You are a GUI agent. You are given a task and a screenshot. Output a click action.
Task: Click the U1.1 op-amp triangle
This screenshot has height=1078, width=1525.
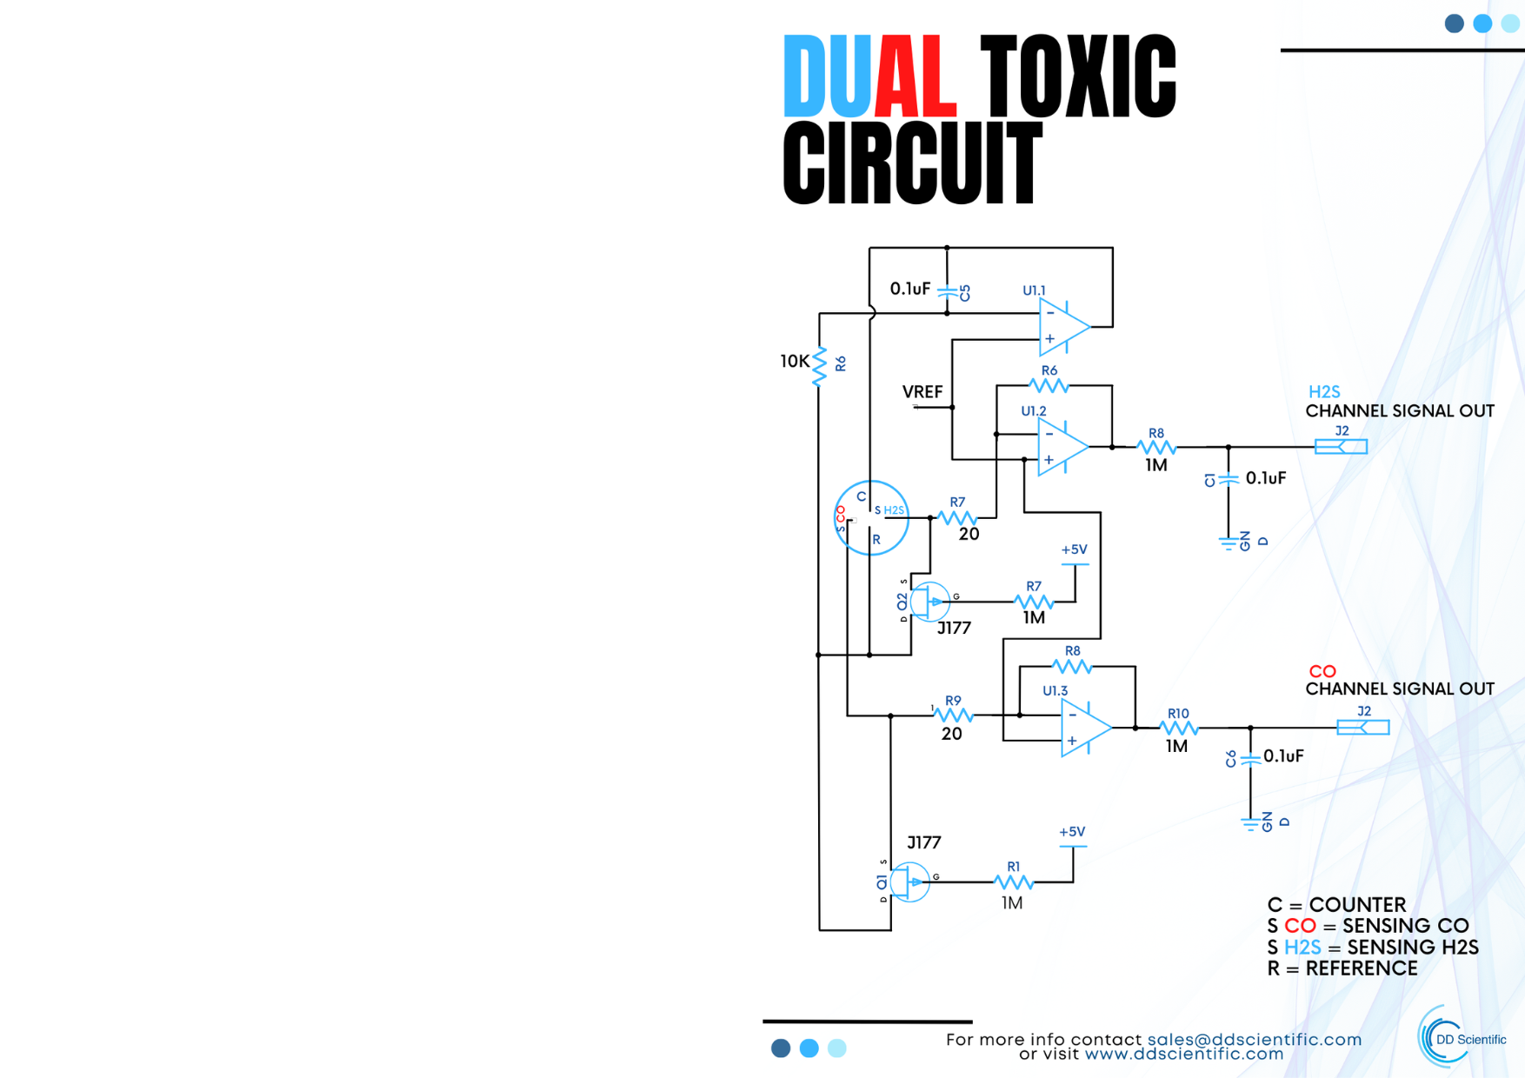[1063, 327]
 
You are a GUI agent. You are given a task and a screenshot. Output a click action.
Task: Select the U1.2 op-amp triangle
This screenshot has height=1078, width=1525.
[1062, 447]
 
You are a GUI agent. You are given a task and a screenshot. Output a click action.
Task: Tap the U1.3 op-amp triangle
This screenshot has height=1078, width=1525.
[1084, 728]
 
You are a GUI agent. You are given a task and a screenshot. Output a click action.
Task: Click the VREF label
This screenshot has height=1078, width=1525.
[922, 392]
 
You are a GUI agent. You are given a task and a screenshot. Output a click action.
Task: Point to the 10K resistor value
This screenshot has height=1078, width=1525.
[794, 361]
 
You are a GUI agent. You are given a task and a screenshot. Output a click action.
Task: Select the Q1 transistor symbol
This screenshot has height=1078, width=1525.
[909, 882]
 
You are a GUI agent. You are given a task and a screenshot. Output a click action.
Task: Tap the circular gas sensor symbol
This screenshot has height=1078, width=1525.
[871, 518]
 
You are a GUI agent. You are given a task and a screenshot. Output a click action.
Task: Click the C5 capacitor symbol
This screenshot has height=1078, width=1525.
[948, 292]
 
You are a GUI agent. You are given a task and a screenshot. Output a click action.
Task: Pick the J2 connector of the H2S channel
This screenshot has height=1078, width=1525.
[1341, 447]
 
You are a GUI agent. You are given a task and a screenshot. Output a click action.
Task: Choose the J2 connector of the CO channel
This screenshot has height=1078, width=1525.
[1362, 728]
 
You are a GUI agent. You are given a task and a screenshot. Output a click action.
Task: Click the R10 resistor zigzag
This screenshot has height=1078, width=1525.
[1178, 728]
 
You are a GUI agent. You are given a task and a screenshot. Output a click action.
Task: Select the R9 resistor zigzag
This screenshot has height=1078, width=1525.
[953, 715]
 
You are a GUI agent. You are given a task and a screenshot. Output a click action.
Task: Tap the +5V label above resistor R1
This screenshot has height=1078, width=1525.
[1072, 832]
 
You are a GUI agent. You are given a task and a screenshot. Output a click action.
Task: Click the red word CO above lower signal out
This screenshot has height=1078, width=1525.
[1322, 671]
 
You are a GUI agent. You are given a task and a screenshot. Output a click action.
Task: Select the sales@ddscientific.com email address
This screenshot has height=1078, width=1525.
[1254, 1040]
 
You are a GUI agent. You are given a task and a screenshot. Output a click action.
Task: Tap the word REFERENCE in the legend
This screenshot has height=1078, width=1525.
[1361, 968]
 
